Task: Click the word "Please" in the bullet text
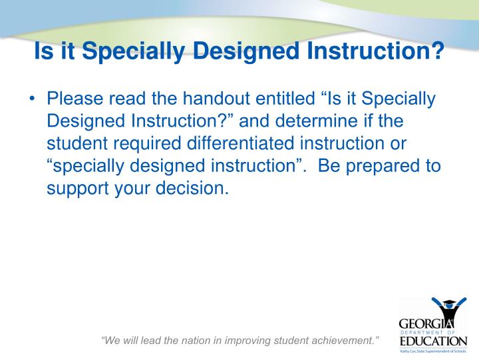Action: coord(75,100)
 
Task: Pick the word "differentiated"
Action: coord(244,144)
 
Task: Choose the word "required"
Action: coord(150,144)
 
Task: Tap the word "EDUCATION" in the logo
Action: coord(433,341)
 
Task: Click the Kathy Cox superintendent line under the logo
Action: coord(433,351)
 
